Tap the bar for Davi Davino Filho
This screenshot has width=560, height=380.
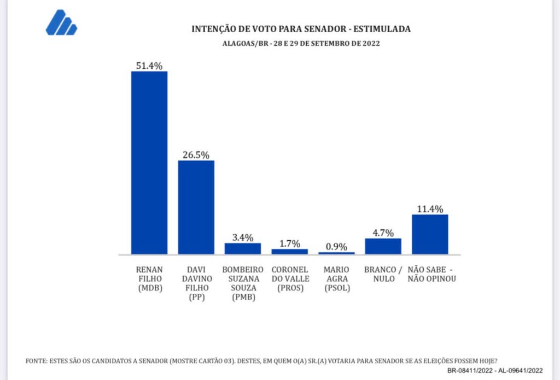tap(196, 207)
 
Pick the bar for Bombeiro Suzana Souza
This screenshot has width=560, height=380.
tap(243, 248)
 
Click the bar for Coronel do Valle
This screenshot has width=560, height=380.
tap(290, 252)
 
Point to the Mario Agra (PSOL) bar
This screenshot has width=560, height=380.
tap(336, 253)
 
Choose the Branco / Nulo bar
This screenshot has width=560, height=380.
tap(383, 246)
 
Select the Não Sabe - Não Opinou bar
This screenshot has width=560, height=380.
tap(430, 234)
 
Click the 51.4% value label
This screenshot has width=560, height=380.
tap(149, 66)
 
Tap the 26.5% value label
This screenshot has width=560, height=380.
tap(196, 155)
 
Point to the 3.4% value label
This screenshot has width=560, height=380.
tap(243, 237)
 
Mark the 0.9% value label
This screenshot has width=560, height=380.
tap(336, 246)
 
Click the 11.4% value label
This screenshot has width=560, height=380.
tap(430, 209)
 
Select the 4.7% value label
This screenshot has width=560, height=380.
tap(383, 233)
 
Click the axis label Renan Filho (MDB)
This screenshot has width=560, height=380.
tap(149, 278)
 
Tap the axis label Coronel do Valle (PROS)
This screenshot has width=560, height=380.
tap(290, 278)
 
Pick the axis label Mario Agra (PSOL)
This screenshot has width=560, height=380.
tap(336, 278)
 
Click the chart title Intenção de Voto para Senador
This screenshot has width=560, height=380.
tap(301, 29)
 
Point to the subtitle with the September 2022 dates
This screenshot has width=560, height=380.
tap(301, 44)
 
